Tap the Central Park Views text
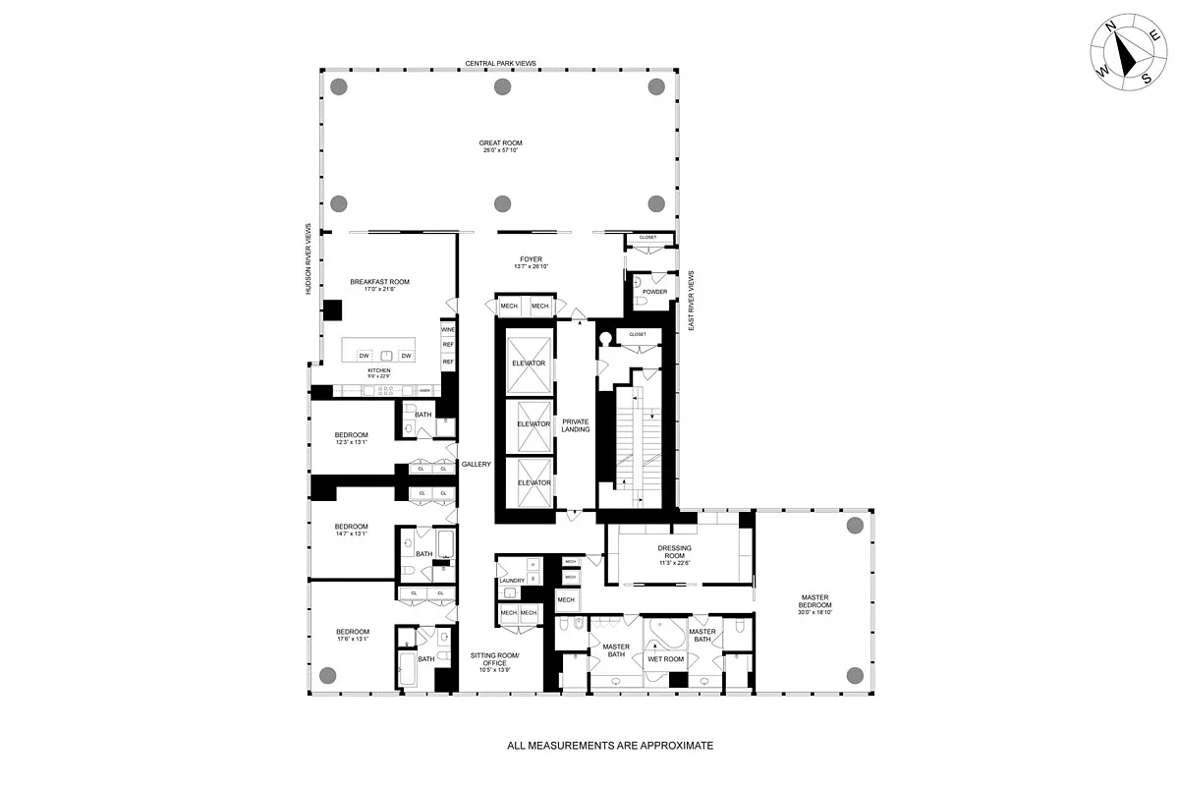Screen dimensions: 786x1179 pos(500,63)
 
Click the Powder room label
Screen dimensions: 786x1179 pos(655,292)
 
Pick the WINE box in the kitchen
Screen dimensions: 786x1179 pos(448,330)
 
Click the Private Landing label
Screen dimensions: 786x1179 pos(575,425)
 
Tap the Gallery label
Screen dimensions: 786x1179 pos(476,465)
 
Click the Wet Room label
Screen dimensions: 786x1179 pos(664,659)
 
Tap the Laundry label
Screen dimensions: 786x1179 pos(512,581)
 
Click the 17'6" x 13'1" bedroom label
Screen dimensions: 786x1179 pos(352,635)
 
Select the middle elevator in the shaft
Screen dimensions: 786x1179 pos(533,423)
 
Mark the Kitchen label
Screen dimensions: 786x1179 pos(379,371)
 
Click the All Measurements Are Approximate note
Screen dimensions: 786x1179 pos(609,746)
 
